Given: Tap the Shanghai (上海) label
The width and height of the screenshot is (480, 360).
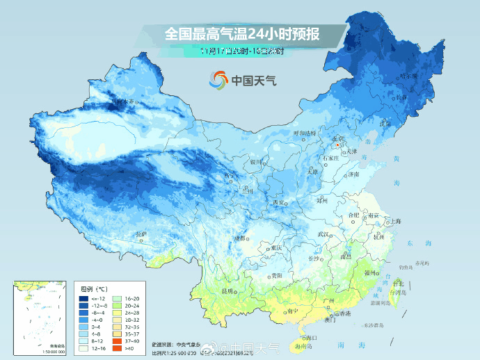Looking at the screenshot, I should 396,221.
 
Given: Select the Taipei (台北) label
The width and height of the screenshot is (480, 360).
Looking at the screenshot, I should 398,284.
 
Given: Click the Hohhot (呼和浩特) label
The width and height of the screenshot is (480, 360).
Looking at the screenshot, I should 304,132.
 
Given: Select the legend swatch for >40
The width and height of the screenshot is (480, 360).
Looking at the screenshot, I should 118,347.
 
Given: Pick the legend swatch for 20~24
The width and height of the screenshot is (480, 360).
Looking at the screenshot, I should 118,304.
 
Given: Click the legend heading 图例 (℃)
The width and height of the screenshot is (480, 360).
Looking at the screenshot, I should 93,288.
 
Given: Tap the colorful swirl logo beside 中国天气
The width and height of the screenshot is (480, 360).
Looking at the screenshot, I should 218,80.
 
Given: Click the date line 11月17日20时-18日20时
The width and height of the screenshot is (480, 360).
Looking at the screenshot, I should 241,51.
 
